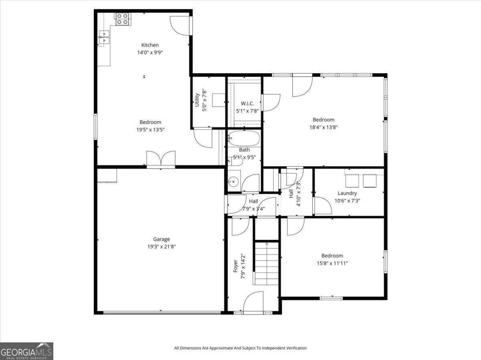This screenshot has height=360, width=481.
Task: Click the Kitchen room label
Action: (150, 45)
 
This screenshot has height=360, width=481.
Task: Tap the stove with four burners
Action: (122, 19)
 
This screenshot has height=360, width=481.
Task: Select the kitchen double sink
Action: (104, 37)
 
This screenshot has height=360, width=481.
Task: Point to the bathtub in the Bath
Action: (244, 138)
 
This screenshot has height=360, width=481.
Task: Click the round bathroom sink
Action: (233, 181)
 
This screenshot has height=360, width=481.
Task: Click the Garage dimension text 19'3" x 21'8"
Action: (162, 247)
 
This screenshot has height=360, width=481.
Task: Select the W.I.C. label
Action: (247, 103)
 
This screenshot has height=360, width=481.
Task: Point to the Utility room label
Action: (197, 100)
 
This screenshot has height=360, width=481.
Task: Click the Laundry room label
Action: (347, 193)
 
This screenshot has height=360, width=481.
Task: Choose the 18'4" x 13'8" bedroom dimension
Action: (323, 127)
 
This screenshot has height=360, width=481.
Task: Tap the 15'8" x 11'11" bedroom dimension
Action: (332, 263)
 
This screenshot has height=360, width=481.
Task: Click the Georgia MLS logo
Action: (26, 351)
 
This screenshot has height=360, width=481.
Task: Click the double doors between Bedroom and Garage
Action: (161, 158)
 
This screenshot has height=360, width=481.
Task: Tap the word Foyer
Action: (235, 266)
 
